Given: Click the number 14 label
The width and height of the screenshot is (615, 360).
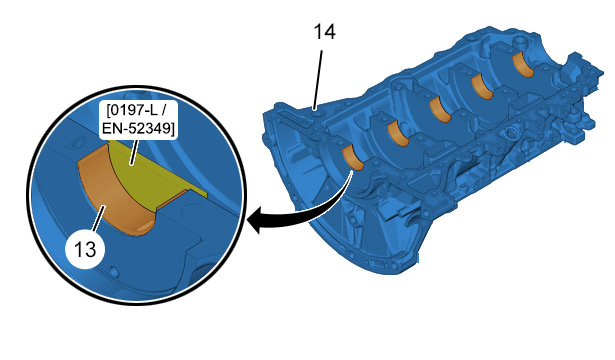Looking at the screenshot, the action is pyautogui.click(x=324, y=32).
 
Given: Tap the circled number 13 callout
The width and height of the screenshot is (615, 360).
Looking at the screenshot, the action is pyautogui.click(x=85, y=249).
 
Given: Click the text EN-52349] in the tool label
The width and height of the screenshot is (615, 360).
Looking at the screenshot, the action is pyautogui.click(x=138, y=129).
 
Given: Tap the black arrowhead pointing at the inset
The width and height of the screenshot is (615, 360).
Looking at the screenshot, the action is pyautogui.click(x=255, y=220).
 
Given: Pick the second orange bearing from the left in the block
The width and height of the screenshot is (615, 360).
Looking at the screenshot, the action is pyautogui.click(x=397, y=134).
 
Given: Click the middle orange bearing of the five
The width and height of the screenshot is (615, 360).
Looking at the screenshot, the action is pyautogui.click(x=440, y=110).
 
